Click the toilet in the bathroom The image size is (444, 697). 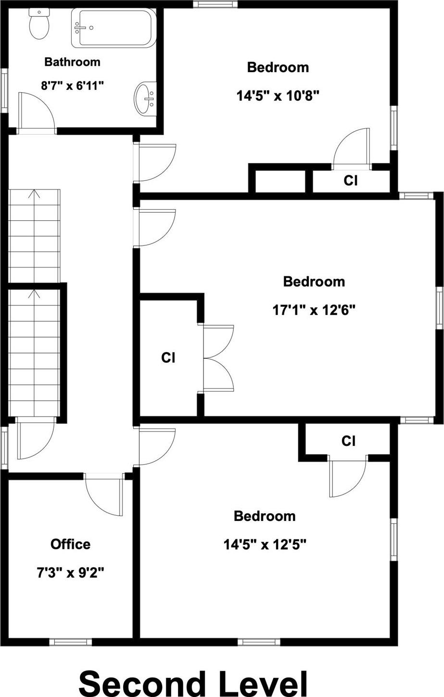click(37, 24)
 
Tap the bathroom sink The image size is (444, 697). click(145, 99)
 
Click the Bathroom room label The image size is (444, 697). click(72, 62)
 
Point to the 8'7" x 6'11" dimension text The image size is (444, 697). click(72, 86)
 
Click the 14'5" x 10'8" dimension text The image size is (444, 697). click(278, 96)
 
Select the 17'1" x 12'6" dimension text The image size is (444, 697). click(314, 310)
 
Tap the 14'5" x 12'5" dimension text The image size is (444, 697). click(265, 545)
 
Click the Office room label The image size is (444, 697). click(70, 544)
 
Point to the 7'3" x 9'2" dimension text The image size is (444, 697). click(70, 572)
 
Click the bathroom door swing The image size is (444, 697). click(36, 111)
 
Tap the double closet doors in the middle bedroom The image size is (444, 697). click(218, 357)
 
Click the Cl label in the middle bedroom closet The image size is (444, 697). click(168, 357)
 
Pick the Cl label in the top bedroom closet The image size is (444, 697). click(351, 180)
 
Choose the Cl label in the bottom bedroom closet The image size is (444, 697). click(348, 441)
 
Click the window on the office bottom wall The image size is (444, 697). click(70, 641)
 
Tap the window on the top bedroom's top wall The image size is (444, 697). click(215, 4)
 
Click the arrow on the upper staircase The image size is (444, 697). click(34, 195)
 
